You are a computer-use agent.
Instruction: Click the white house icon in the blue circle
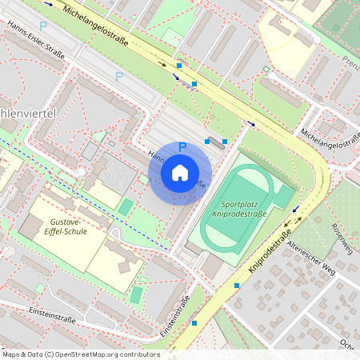click(x=179, y=173)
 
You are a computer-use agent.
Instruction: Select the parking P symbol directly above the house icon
click(x=182, y=147)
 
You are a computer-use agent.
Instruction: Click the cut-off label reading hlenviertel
click(x=27, y=114)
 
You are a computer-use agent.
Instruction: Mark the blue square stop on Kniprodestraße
click(x=237, y=285)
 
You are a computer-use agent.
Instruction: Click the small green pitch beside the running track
click(x=283, y=195)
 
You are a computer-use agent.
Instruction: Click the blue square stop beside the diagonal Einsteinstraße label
click(x=194, y=323)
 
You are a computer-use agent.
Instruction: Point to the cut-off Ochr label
click(x=349, y=346)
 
